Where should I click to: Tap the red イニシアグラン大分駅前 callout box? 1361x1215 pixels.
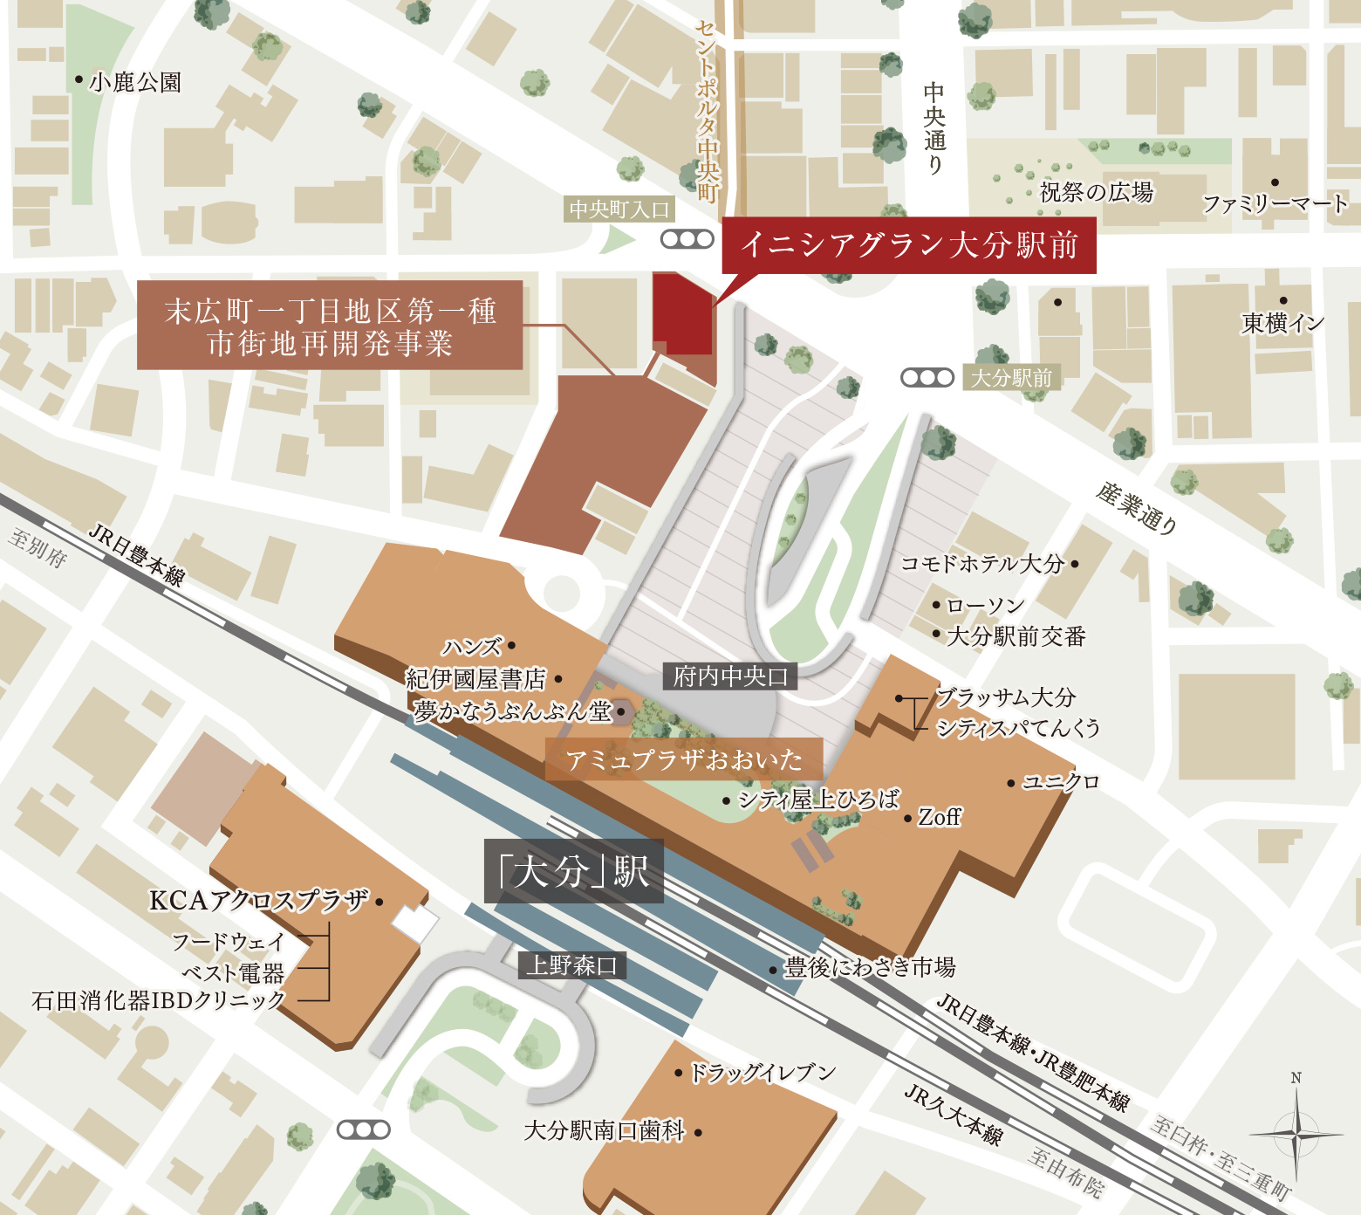(x=908, y=245)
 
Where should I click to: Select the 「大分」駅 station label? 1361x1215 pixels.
(x=573, y=871)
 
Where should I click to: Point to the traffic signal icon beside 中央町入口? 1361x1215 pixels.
(x=687, y=238)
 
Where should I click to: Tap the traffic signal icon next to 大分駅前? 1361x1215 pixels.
(x=927, y=377)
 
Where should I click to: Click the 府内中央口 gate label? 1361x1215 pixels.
(x=730, y=676)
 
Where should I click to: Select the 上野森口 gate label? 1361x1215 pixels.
(x=571, y=964)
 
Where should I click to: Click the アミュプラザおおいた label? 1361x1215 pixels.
(x=684, y=759)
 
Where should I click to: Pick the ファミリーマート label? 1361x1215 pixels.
(x=1275, y=204)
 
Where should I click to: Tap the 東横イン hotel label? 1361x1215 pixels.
(x=1282, y=323)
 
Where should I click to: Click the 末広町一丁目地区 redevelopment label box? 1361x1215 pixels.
(x=330, y=326)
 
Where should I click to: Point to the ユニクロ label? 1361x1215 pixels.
(x=1060, y=781)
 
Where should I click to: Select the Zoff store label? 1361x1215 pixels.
(x=939, y=817)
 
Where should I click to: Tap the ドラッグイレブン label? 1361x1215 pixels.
(x=762, y=1072)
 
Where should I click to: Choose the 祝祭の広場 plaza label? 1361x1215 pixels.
(x=1096, y=191)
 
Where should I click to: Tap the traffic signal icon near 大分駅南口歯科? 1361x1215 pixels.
(x=363, y=1129)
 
